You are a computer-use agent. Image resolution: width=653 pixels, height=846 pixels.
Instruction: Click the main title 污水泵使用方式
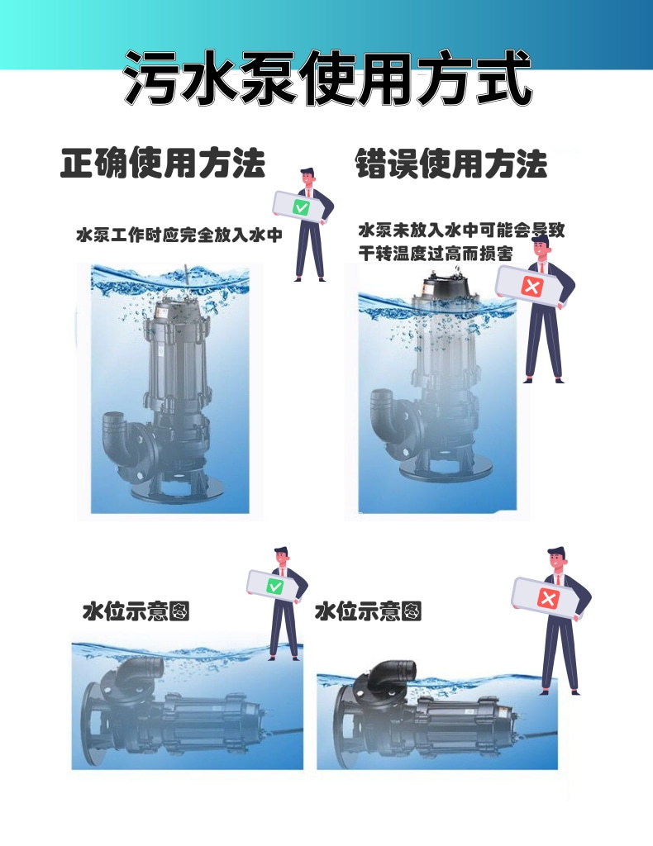click(x=326, y=78)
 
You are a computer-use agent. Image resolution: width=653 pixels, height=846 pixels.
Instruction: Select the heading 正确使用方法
click(x=163, y=164)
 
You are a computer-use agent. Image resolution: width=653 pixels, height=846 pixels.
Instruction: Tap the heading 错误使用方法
click(x=450, y=164)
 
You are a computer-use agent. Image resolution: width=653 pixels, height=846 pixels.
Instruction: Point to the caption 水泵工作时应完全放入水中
click(x=179, y=235)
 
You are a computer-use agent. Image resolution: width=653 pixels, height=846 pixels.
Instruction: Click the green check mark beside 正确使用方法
click(x=301, y=207)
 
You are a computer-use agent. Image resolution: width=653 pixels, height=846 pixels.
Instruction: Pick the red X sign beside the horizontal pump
click(x=546, y=597)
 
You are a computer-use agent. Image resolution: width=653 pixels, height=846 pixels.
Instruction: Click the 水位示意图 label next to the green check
click(x=136, y=611)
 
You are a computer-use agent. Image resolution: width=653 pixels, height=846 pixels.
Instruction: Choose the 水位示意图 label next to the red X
click(x=369, y=611)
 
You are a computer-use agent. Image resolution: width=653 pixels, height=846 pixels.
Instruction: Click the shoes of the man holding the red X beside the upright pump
click(x=543, y=379)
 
